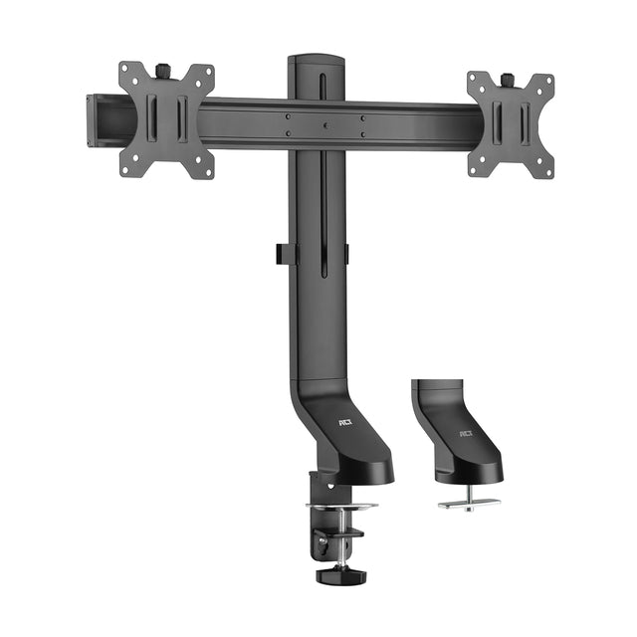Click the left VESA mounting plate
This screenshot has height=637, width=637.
click(x=166, y=119)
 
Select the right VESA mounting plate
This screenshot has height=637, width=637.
click(x=510, y=125)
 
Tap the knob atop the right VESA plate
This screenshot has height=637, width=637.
click(x=507, y=79)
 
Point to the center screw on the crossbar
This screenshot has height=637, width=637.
click(x=324, y=126)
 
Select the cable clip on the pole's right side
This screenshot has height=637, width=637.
click(x=347, y=255)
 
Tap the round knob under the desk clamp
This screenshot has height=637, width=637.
click(x=333, y=574)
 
